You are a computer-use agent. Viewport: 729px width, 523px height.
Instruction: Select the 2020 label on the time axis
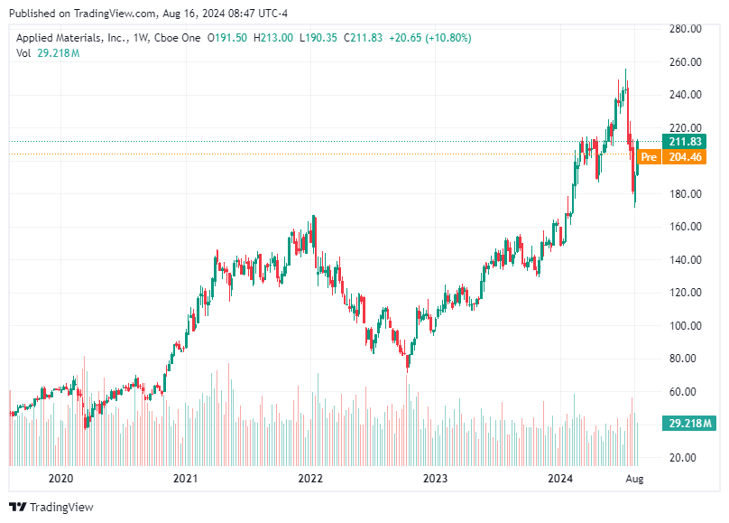(60, 479)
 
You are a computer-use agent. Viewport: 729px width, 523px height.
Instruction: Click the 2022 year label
(310, 479)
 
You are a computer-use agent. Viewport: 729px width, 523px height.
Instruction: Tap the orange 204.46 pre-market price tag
(685, 157)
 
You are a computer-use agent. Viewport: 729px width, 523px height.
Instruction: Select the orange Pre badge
(648, 157)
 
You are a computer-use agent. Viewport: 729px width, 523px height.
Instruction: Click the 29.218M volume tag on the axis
(690, 423)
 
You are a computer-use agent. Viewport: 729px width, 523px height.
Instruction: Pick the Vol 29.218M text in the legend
(48, 53)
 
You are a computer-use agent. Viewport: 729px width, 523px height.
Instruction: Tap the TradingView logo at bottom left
(51, 507)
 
